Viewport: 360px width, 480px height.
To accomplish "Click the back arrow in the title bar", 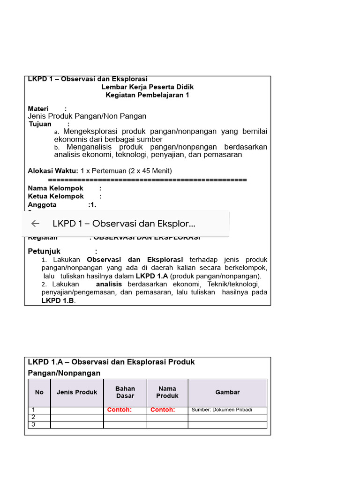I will [x=35, y=224].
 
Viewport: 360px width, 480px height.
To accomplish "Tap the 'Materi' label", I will [x=38, y=109].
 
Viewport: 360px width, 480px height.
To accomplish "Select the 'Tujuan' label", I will [x=40, y=124].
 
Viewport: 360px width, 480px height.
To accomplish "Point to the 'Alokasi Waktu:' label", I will [x=53, y=171].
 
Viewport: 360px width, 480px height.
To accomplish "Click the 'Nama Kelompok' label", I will [x=56, y=188].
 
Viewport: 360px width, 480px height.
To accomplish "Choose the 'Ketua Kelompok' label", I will [x=56, y=196].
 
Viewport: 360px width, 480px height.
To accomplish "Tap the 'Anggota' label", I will [x=42, y=205].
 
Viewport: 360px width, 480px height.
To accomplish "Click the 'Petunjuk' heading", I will [x=44, y=251].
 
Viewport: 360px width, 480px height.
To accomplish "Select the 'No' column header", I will [x=39, y=392].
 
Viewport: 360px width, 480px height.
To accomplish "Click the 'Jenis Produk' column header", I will [x=77, y=392].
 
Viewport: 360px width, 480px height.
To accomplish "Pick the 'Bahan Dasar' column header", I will [x=125, y=392].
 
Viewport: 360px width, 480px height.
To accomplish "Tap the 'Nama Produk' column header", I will [x=167, y=392].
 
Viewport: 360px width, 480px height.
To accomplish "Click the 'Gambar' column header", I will [x=227, y=392].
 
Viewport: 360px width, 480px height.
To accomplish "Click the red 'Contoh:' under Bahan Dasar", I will [x=120, y=410].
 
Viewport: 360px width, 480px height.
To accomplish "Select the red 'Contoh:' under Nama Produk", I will [x=163, y=410].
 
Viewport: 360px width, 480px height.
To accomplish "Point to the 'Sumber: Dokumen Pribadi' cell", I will [x=222, y=410].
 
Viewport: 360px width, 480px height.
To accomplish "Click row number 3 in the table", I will [x=33, y=425].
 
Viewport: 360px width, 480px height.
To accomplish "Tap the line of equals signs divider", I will [x=147, y=180].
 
